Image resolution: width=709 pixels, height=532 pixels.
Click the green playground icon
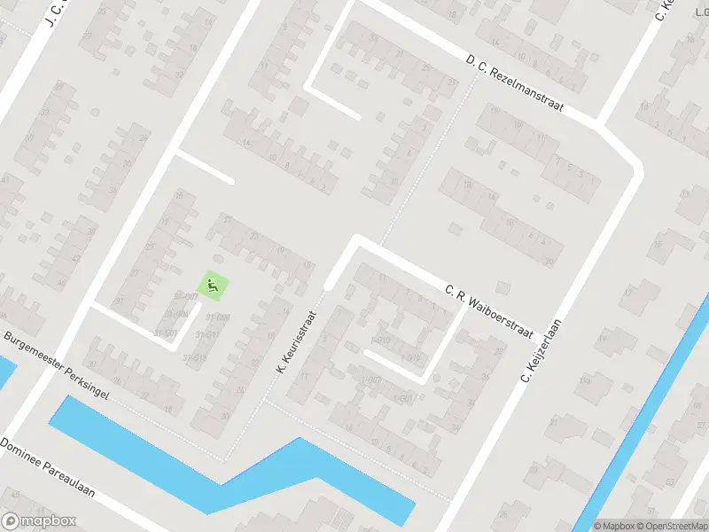coord(212,286)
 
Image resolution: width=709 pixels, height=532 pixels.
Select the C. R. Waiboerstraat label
coord(487,311)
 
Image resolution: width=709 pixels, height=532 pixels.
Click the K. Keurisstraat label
coord(297,340)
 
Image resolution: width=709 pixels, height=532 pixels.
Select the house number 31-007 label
coord(186,296)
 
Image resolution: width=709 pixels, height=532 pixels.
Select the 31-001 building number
coord(166,333)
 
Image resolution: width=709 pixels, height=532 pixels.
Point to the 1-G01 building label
coord(402,399)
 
